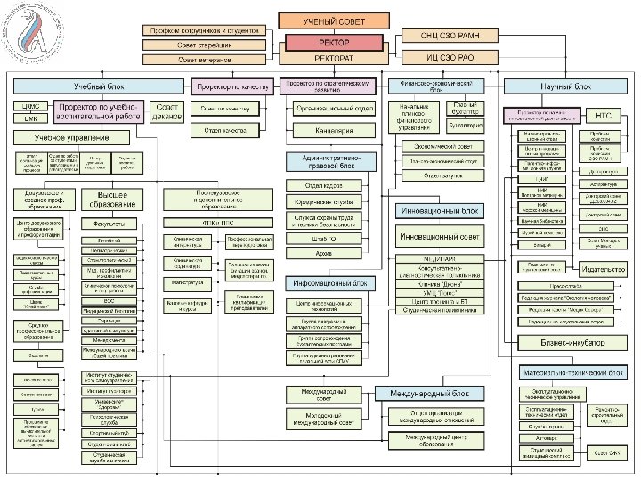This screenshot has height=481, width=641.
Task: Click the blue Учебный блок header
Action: (x=98, y=86)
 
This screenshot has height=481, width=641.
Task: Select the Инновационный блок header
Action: (x=440, y=212)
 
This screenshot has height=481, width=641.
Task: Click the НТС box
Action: (x=604, y=116)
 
